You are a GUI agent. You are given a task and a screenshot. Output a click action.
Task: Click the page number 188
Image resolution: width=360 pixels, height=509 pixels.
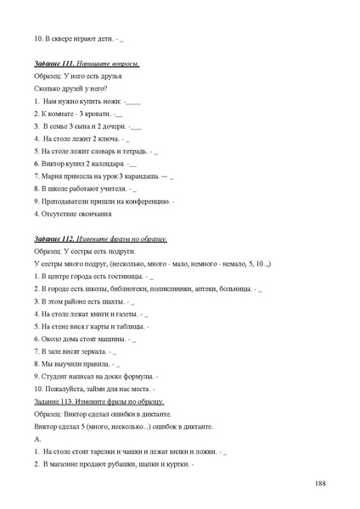tap(320, 484)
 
